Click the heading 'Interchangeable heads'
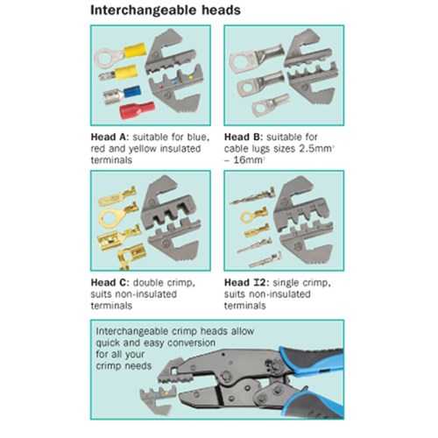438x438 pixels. coord(166,11)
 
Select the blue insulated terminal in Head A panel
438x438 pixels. coord(122,95)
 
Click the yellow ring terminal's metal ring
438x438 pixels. coord(106,58)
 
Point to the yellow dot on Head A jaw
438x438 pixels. coord(191,77)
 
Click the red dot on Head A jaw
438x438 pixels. coord(161,87)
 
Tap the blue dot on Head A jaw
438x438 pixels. coord(175,83)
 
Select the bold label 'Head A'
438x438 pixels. coord(109,137)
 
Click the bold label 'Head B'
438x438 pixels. coord(244,137)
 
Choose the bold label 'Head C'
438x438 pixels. coord(109,283)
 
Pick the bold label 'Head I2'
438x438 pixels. coord(245,283)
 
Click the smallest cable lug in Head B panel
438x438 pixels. coord(271,105)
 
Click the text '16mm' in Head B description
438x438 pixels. coord(248,160)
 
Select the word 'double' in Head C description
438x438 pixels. coord(148,283)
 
